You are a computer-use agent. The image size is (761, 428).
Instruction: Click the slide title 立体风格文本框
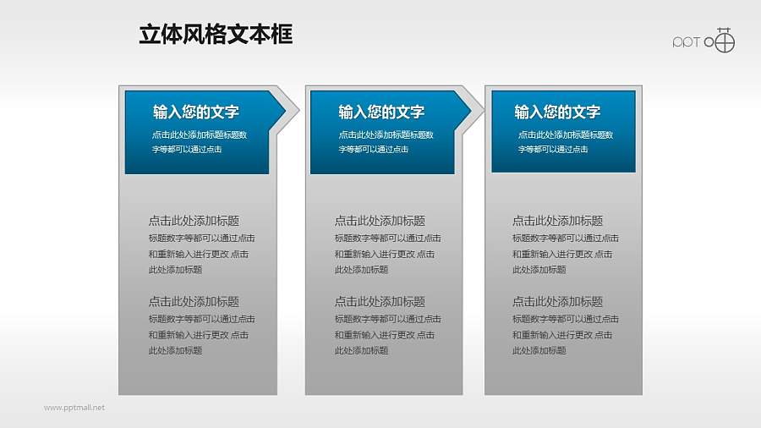coord(216,35)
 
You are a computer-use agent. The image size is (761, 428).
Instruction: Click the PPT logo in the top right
coord(704,40)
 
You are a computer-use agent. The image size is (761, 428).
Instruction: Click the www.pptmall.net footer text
coord(74,408)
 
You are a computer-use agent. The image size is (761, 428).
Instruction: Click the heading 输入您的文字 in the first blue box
coord(196,112)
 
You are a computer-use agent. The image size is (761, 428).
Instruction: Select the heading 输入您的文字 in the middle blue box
coord(381,112)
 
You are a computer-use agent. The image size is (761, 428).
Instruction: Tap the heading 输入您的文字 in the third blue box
coord(557,112)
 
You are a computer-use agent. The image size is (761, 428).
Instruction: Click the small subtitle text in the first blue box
coord(199,141)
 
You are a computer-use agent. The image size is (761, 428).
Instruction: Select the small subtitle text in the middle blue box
coord(385,141)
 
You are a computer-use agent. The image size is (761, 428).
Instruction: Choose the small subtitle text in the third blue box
coord(564,141)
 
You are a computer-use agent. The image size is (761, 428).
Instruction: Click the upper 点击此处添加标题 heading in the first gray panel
coord(194,220)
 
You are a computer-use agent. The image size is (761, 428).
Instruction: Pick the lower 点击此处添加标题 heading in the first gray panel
coord(194,301)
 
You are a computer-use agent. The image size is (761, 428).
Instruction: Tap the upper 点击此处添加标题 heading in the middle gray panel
coord(380,220)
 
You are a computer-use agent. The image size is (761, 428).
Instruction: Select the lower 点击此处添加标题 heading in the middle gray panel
coord(380,301)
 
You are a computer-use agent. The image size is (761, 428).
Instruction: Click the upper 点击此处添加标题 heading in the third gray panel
coord(557,220)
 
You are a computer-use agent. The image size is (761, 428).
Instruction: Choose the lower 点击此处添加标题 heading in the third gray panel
coord(557,301)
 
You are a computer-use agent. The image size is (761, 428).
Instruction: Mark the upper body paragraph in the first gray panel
coord(200,254)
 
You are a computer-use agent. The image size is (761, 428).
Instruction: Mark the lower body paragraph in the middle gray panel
coord(386,334)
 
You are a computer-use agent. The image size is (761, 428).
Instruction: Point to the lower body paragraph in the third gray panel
coord(564,334)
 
